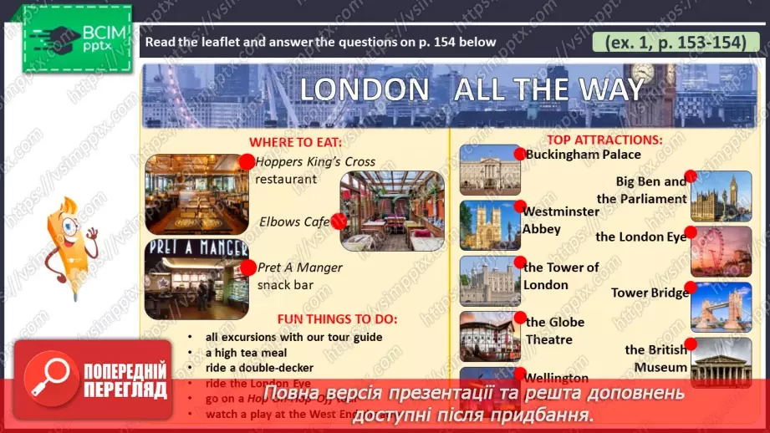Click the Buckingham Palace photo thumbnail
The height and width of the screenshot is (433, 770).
pos(490,171)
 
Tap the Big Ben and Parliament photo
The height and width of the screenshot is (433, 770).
pos(722,196)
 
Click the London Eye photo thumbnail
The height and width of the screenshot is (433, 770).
pos(722,251)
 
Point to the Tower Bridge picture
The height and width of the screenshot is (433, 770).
pos(722,307)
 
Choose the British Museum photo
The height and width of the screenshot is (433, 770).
pos(722,361)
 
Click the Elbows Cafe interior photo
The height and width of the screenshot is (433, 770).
pos(392,211)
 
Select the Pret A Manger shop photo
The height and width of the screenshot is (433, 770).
pos(196,280)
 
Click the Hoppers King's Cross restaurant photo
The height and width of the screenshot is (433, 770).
pos(197,194)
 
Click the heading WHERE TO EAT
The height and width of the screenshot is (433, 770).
pos(291,142)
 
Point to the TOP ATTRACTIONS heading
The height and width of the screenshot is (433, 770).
pos(604,140)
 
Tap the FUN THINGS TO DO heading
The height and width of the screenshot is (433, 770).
pos(338,319)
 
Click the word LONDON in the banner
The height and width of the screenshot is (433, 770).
pos(364,90)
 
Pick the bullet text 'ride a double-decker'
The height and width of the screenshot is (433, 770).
pos(260,368)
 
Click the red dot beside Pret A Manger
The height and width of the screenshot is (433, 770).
pos(247,267)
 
